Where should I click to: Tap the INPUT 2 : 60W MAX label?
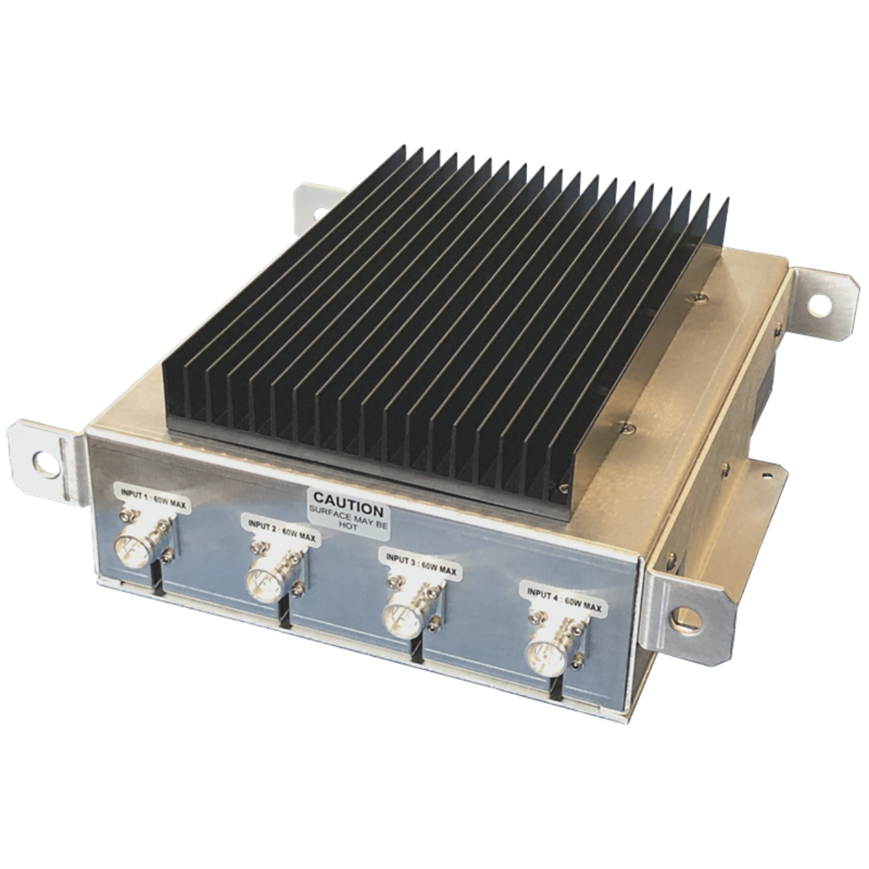(282, 532)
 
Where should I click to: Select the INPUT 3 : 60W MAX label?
(421, 565)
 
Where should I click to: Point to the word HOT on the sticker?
(348, 527)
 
